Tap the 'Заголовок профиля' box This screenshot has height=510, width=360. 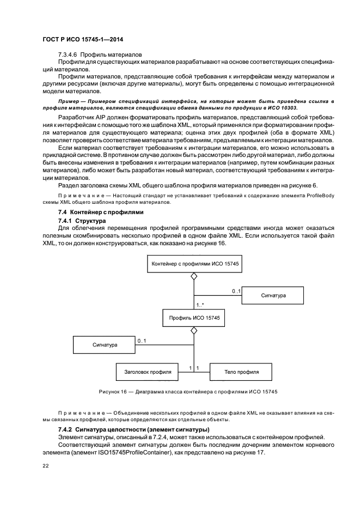click(148, 372)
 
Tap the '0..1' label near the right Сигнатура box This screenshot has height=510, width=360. click(236, 291)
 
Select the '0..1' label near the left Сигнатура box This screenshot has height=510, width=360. click(142, 341)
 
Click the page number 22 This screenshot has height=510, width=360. click(46, 466)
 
